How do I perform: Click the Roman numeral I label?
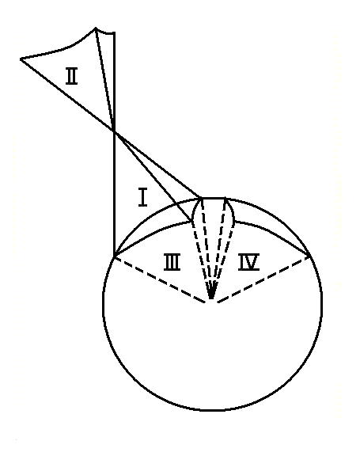142,198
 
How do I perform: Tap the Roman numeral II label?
71,76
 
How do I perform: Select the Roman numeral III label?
172,262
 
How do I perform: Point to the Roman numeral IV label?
248,262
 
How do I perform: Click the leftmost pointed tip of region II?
21,59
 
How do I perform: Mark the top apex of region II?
95,28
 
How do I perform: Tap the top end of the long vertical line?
114,33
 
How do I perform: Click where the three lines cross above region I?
114,132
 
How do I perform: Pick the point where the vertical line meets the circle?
114,256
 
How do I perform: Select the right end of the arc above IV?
309,256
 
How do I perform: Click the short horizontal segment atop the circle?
214,198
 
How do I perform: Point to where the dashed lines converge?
211,299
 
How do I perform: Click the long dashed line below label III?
159,279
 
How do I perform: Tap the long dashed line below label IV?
263,279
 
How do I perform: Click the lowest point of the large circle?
211,410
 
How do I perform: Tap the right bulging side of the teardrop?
233,212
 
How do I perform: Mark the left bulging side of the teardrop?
194,212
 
